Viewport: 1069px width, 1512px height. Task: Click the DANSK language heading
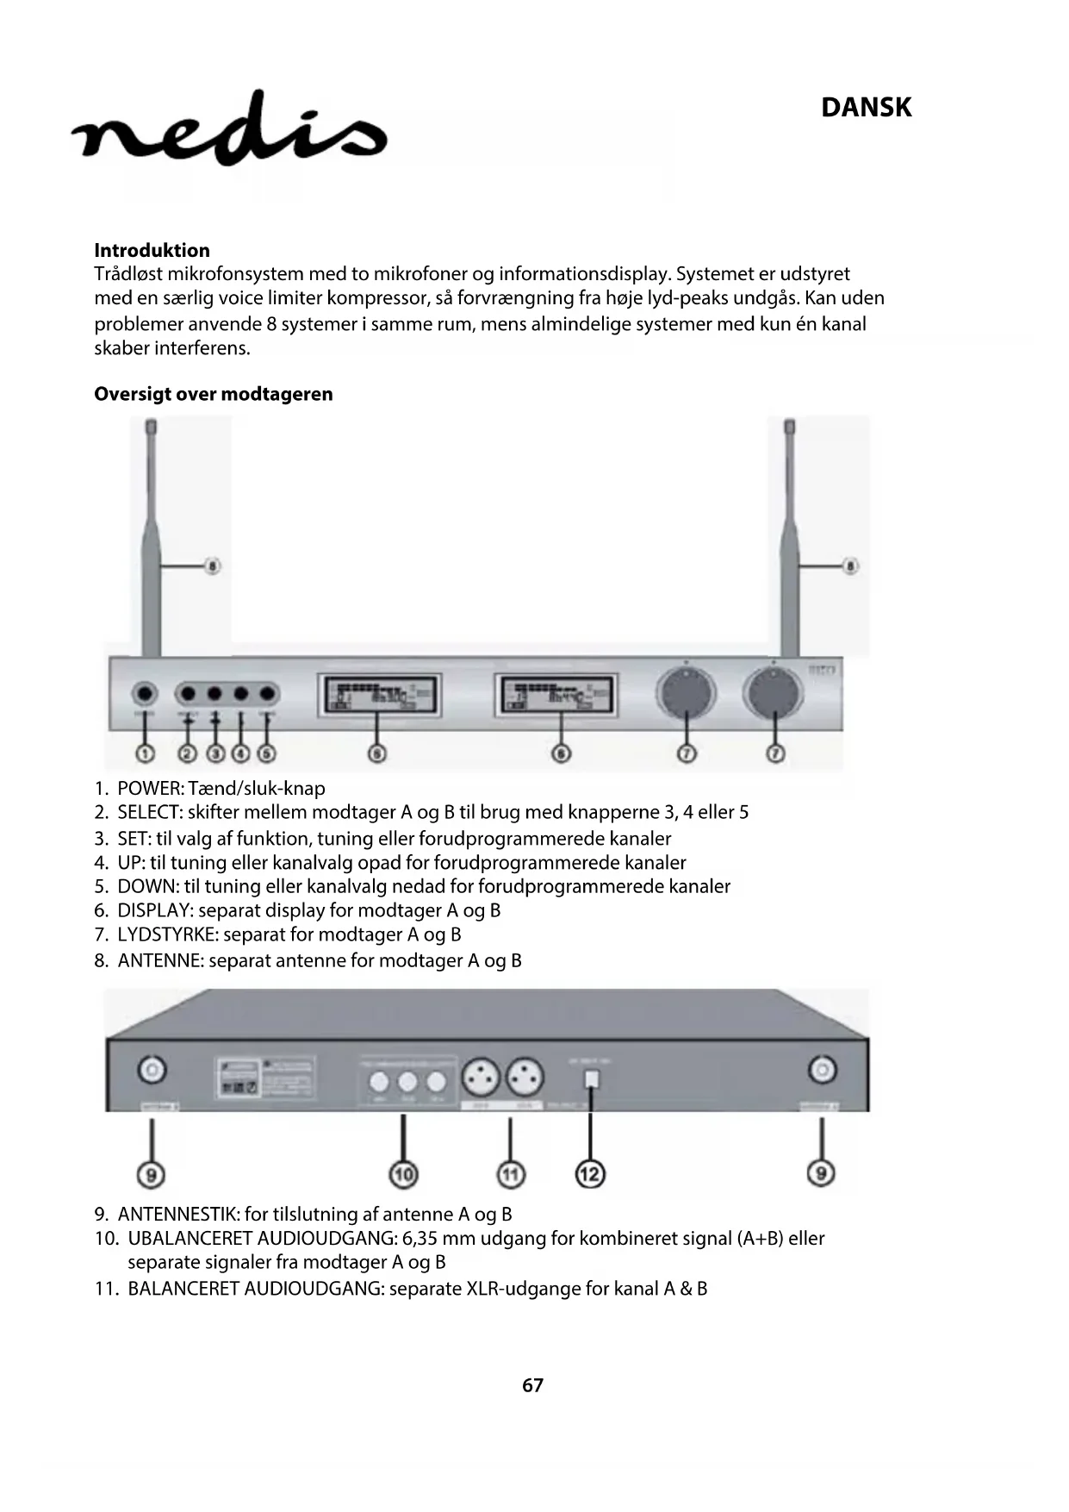[866, 108]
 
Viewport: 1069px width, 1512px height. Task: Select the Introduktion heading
[152, 250]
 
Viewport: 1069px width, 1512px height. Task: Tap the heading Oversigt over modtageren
[213, 394]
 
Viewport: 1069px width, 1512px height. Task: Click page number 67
[532, 1384]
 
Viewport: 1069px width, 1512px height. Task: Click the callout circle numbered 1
[145, 753]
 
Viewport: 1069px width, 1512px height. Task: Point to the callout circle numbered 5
[267, 753]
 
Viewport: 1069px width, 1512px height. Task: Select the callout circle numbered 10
[403, 1173]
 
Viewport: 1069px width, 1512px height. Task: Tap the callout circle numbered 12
[590, 1173]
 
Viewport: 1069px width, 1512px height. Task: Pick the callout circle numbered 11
[511, 1173]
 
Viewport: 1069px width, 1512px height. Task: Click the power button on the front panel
[145, 694]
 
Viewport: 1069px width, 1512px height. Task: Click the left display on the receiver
[379, 695]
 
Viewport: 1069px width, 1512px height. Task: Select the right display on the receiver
[557, 695]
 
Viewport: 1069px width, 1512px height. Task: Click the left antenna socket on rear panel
[152, 1071]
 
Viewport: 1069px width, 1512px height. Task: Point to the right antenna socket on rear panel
[822, 1071]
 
